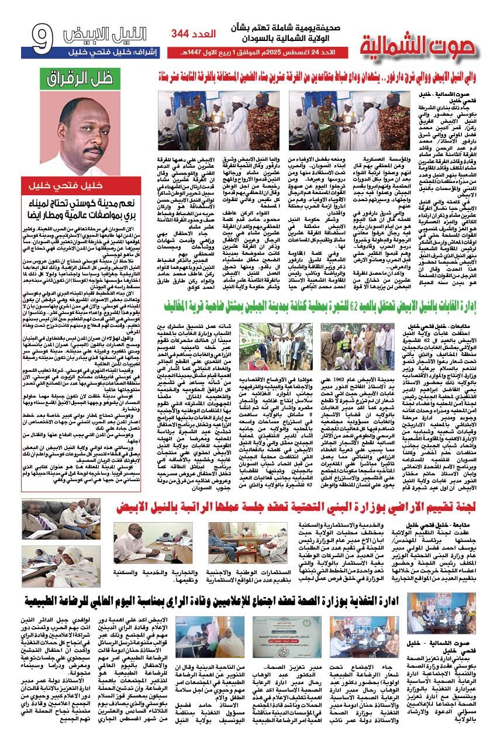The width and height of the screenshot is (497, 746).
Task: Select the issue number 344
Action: point(183,35)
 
